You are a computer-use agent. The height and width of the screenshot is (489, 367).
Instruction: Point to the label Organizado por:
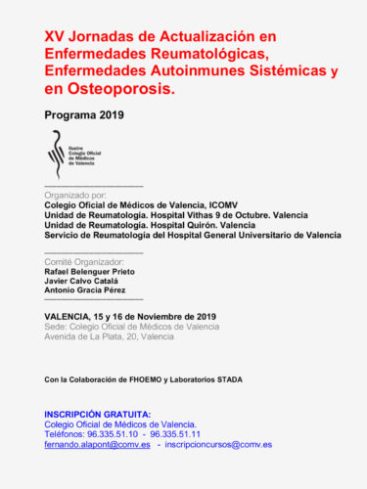[79, 194]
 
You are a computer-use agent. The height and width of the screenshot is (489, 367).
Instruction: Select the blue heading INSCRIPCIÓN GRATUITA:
[98, 414]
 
